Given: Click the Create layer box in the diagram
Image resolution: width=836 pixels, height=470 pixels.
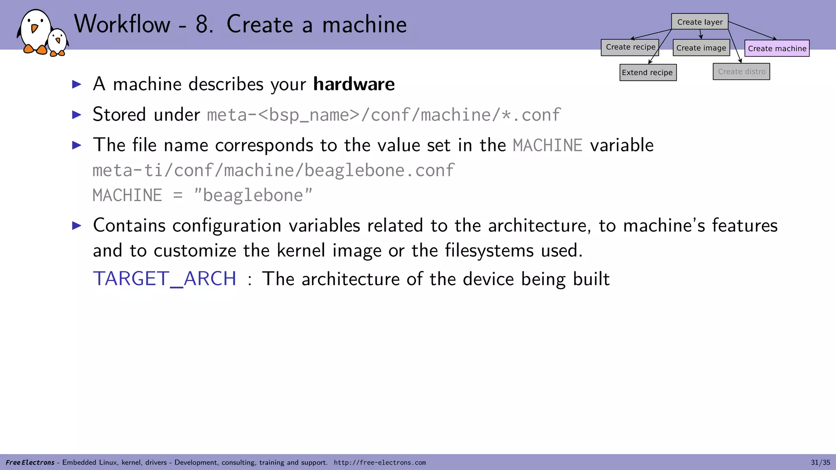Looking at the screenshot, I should click(700, 22).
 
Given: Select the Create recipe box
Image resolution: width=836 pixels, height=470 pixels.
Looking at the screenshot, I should click(630, 47).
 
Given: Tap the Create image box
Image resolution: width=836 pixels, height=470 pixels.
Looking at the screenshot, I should click(701, 48).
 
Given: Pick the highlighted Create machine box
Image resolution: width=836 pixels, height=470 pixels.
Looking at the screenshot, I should click(777, 48).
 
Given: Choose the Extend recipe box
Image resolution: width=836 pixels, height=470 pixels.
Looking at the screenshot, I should click(647, 73).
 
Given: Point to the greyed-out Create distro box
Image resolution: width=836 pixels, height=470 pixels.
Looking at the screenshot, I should click(741, 71).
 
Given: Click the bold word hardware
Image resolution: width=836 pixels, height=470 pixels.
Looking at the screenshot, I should click(354, 84).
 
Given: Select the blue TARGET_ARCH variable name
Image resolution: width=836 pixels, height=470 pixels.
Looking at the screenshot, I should click(165, 279).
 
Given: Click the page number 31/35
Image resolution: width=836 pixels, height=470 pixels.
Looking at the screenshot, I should click(820, 462).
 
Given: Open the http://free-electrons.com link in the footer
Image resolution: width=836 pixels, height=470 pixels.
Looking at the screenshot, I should click(380, 463).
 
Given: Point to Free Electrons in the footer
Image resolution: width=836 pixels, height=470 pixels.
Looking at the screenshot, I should click(30, 463).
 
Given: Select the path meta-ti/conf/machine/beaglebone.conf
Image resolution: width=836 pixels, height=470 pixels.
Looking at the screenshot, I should click(273, 171).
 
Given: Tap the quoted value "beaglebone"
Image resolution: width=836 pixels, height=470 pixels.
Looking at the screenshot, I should click(253, 195).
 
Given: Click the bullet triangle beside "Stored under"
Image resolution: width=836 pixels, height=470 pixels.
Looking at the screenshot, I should click(77, 115).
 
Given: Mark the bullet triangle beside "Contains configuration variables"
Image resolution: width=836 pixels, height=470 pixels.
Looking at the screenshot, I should click(77, 225).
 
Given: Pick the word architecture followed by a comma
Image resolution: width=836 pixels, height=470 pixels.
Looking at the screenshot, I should click(539, 226).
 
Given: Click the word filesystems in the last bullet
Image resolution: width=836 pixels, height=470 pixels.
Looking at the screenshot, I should click(489, 251).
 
